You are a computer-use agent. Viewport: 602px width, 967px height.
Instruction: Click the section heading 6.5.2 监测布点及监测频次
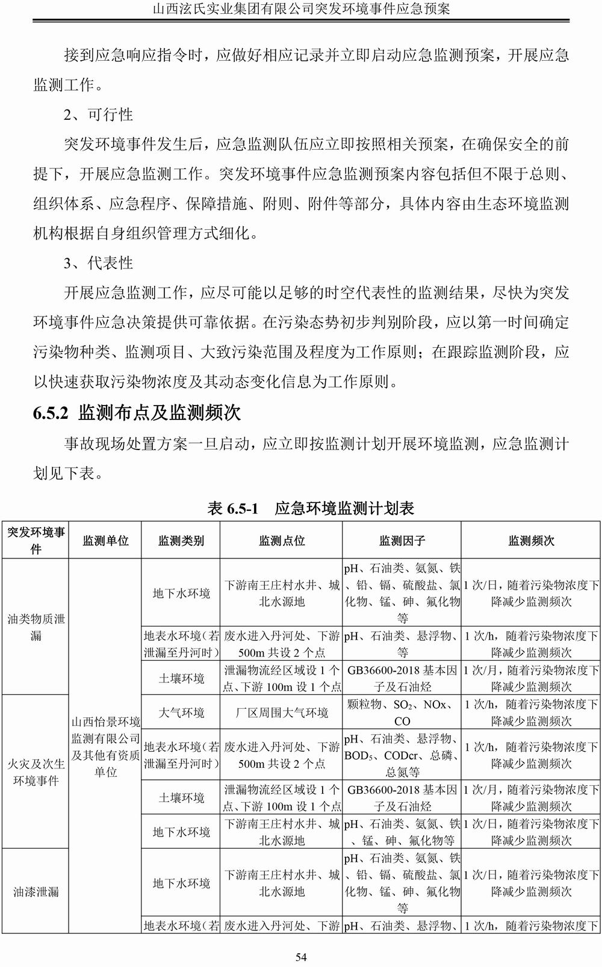pyautogui.click(x=137, y=413)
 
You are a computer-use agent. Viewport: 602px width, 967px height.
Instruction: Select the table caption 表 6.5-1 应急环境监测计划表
pyautogui.click(x=311, y=508)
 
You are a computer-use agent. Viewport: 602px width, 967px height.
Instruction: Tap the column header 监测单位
pyautogui.click(x=105, y=541)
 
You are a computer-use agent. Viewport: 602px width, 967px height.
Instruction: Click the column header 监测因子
pyautogui.click(x=402, y=541)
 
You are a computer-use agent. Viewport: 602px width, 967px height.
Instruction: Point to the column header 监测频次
pyautogui.click(x=531, y=541)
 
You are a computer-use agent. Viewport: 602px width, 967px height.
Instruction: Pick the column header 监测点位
pyautogui.click(x=282, y=541)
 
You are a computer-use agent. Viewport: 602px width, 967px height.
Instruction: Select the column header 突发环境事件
pyautogui.click(x=36, y=540)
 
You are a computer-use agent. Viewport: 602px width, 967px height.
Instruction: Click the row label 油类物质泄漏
pyautogui.click(x=36, y=627)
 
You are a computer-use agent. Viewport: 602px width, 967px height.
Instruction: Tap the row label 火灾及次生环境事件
pyautogui.click(x=36, y=772)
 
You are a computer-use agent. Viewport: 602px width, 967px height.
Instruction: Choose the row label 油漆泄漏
pyautogui.click(x=36, y=892)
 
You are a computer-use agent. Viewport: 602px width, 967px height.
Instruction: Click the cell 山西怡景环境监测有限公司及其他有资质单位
pyautogui.click(x=105, y=746)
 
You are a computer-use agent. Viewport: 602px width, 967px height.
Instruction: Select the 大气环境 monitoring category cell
pyautogui.click(x=181, y=712)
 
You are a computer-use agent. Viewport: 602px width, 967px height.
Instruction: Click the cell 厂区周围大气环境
pyautogui.click(x=282, y=712)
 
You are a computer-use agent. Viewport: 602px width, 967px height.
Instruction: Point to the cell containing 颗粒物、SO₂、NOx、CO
pyautogui.click(x=402, y=712)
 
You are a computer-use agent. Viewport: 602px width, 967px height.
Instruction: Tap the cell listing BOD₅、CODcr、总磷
pyautogui.click(x=402, y=755)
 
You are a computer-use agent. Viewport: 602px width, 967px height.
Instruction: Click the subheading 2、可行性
pyautogui.click(x=98, y=114)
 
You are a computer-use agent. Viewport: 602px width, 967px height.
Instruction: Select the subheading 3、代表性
pyautogui.click(x=98, y=263)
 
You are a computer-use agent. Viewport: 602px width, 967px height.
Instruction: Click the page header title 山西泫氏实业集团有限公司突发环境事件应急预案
pyautogui.click(x=301, y=9)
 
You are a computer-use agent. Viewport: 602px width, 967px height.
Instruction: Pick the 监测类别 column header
pyautogui.click(x=181, y=541)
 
